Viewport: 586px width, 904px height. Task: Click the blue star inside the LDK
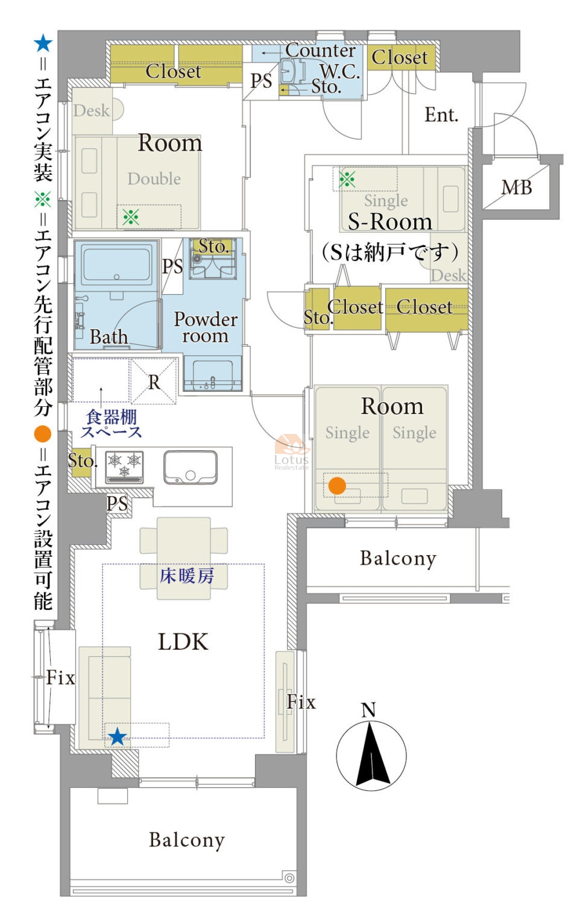[x=118, y=736]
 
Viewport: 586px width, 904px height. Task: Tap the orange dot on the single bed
[x=337, y=486]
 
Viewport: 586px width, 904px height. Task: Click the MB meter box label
[x=517, y=187]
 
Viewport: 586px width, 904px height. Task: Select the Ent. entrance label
[x=441, y=115]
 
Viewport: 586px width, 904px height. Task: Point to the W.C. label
[x=340, y=71]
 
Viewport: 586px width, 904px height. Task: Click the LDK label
[x=183, y=642]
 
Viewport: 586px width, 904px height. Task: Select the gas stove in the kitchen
[x=124, y=467]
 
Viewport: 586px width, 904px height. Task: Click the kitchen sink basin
[x=191, y=467]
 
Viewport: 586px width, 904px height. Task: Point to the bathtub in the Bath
[x=116, y=264]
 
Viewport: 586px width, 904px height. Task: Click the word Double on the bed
[x=154, y=179]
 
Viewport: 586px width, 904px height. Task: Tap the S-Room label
[x=390, y=222]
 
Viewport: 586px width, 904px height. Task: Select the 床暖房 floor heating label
[x=186, y=576]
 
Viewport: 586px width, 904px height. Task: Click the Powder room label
[x=206, y=327]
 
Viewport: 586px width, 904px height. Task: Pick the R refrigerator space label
[x=154, y=383]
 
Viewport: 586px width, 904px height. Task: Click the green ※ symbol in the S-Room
[x=347, y=179]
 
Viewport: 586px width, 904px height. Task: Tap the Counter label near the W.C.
[x=321, y=51]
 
